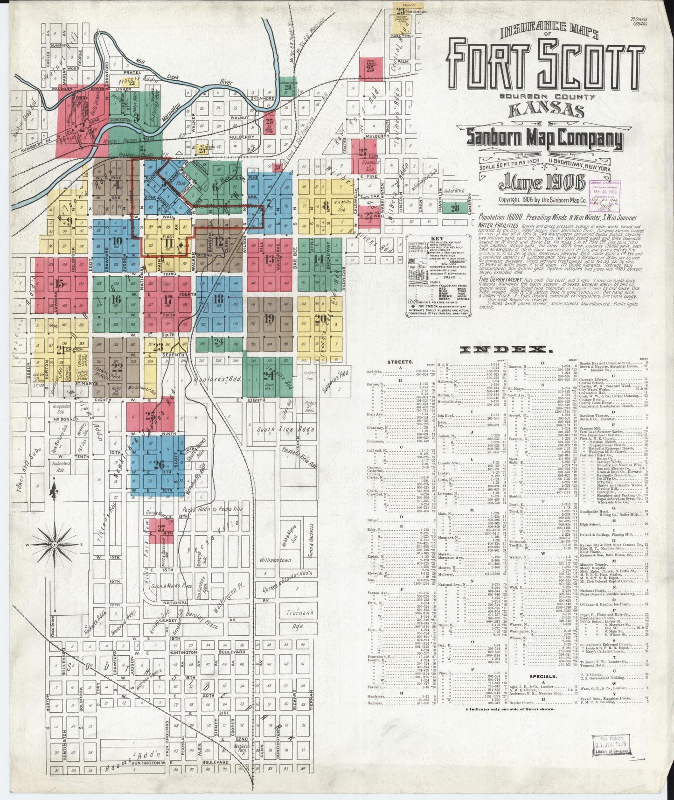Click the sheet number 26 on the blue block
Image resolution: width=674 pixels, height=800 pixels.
159,464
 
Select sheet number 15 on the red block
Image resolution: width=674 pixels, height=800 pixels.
59,283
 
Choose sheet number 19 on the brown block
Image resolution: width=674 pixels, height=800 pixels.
268,319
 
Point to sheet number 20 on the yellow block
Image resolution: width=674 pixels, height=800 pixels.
320,319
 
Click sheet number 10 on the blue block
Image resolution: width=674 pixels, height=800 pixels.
117,241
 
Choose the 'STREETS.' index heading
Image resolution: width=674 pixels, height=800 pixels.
399,361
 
